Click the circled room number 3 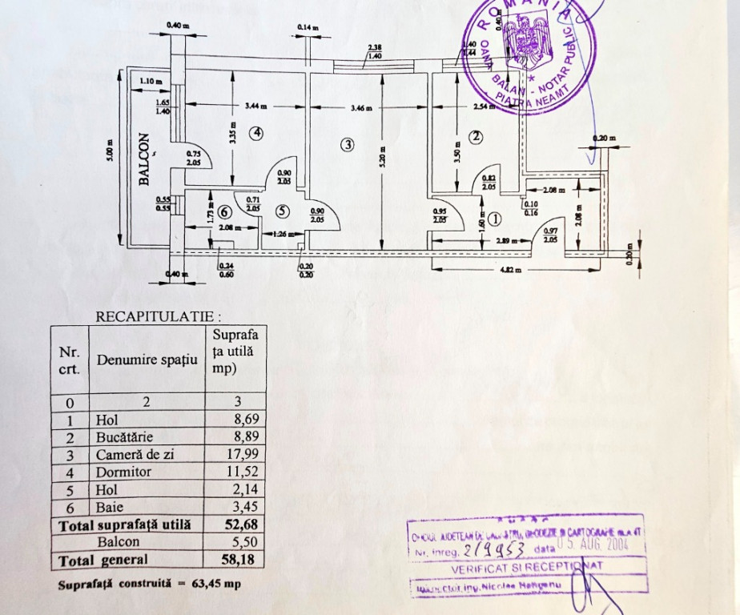click(347, 145)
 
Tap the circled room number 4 click(255, 134)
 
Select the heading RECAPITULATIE click(158, 316)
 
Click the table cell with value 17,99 click(243, 454)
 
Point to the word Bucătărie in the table click(123, 436)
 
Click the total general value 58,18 click(243, 560)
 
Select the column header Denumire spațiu click(147, 360)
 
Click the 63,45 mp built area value click(215, 584)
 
